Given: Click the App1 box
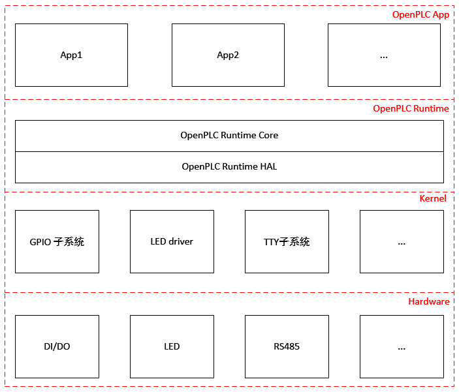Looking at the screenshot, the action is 71,55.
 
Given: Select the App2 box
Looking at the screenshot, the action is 228,55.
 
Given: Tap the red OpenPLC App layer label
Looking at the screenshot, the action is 420,14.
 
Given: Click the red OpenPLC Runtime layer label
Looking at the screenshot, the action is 411,108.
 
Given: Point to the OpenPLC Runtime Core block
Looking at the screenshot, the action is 229,136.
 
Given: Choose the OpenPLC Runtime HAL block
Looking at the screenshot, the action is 229,168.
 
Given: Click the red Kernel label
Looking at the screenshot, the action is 433,199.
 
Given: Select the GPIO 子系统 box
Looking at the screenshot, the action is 57,241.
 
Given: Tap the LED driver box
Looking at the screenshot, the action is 172,241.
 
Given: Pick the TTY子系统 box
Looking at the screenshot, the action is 287,241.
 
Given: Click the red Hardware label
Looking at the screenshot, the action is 429,301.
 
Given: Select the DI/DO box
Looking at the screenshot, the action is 57,346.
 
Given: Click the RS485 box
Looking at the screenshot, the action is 287,346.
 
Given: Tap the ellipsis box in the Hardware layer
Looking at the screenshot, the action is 402,346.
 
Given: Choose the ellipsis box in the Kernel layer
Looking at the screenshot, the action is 402,241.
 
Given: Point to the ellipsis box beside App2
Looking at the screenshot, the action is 384,55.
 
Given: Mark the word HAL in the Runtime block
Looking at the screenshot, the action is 268,166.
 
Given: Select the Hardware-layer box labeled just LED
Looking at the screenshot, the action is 172,346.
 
